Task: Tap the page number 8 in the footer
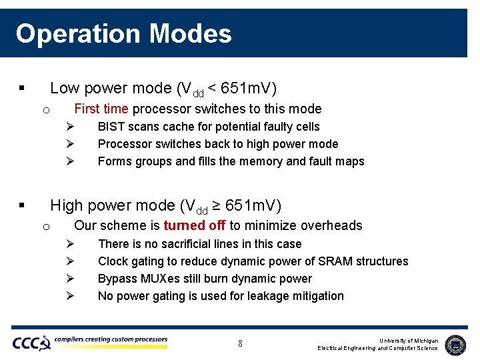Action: (240, 344)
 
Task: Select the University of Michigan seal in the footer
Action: (455, 344)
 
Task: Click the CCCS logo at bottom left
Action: (31, 343)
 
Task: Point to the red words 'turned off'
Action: (195, 225)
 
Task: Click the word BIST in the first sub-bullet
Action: (111, 127)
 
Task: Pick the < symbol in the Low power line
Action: (211, 88)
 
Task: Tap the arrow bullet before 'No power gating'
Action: (70, 296)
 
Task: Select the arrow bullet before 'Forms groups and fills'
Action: (70, 161)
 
